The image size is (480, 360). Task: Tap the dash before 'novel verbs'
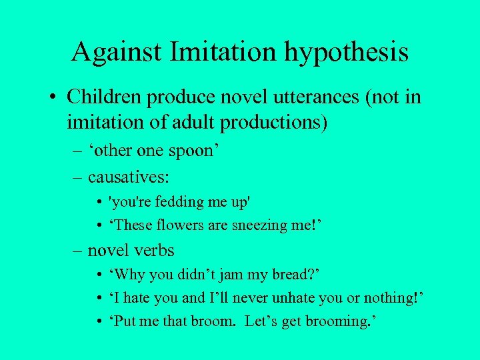77,250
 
